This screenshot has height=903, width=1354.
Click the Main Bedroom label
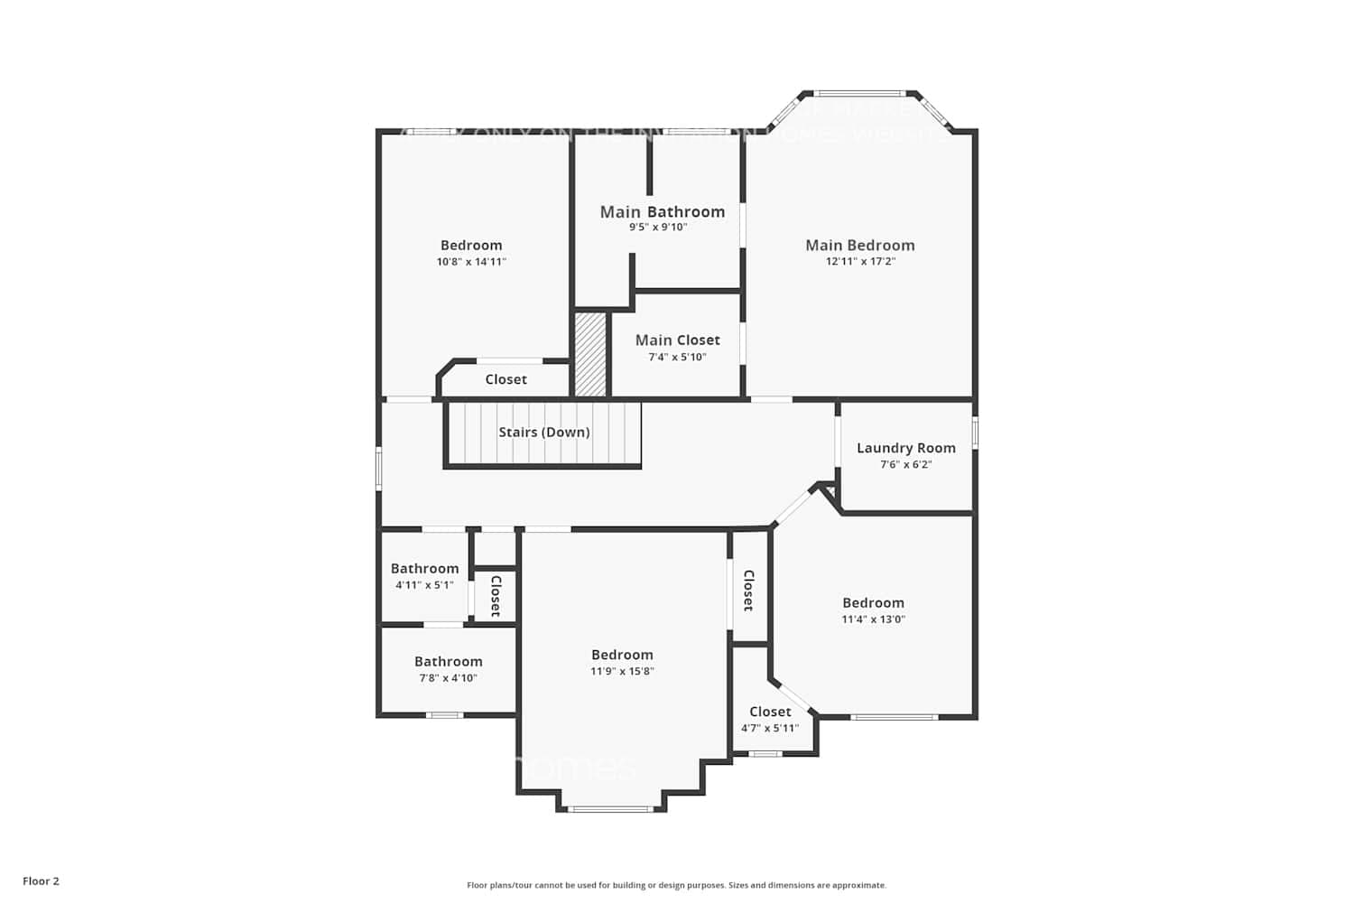(859, 245)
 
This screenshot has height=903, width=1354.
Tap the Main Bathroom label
(662, 211)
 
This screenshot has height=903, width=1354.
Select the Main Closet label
(677, 340)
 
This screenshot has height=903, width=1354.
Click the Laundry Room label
(905, 448)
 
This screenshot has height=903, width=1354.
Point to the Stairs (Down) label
(543, 433)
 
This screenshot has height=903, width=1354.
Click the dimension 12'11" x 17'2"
(859, 262)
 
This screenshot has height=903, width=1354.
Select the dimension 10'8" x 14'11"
(471, 262)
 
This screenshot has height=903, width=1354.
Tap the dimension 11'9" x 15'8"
(622, 672)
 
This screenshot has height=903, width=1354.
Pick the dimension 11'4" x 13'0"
(873, 619)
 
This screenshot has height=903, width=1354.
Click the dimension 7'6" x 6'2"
(905, 465)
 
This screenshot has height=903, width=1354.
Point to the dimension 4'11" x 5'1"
(424, 585)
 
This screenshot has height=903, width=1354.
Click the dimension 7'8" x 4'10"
(448, 678)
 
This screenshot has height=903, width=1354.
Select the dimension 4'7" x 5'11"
(769, 729)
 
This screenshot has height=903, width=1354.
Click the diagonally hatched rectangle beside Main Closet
(590, 354)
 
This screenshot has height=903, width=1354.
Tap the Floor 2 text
(41, 881)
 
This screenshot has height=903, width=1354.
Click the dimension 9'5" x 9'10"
(658, 228)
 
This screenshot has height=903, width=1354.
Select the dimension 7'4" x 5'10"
(677, 358)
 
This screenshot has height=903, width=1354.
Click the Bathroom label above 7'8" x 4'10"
(448, 661)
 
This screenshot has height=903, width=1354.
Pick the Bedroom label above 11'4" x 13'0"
(873, 602)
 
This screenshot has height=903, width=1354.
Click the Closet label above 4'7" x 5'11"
(769, 712)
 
